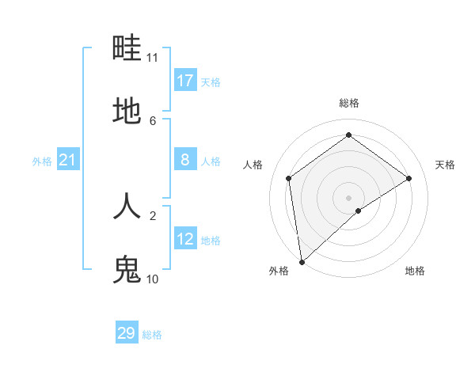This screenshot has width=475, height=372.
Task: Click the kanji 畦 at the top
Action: (x=127, y=48)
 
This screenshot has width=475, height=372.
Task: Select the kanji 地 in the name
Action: (x=127, y=112)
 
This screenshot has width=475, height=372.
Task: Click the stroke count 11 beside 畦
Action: (x=153, y=58)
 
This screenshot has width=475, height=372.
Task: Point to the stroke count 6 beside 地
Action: (x=153, y=120)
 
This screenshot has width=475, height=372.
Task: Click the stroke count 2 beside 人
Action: (x=153, y=214)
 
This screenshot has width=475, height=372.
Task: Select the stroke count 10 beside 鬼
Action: (x=153, y=279)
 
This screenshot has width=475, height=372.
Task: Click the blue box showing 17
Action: (x=185, y=81)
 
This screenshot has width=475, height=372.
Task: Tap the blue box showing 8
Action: (x=185, y=160)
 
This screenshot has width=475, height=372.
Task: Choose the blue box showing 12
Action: (x=185, y=239)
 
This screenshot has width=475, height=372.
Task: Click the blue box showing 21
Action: (x=68, y=160)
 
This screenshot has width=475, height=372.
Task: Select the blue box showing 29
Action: (x=127, y=333)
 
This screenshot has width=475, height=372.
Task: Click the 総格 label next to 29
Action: (x=152, y=335)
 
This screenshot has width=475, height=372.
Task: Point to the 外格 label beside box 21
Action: (x=42, y=161)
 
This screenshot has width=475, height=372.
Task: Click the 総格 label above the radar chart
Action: (x=349, y=103)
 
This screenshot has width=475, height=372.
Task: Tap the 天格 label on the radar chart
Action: (x=446, y=165)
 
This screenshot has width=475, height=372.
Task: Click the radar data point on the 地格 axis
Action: (x=359, y=211)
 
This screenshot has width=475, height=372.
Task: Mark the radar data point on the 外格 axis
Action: (x=302, y=261)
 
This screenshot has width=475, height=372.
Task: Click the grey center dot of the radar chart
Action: (x=349, y=197)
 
